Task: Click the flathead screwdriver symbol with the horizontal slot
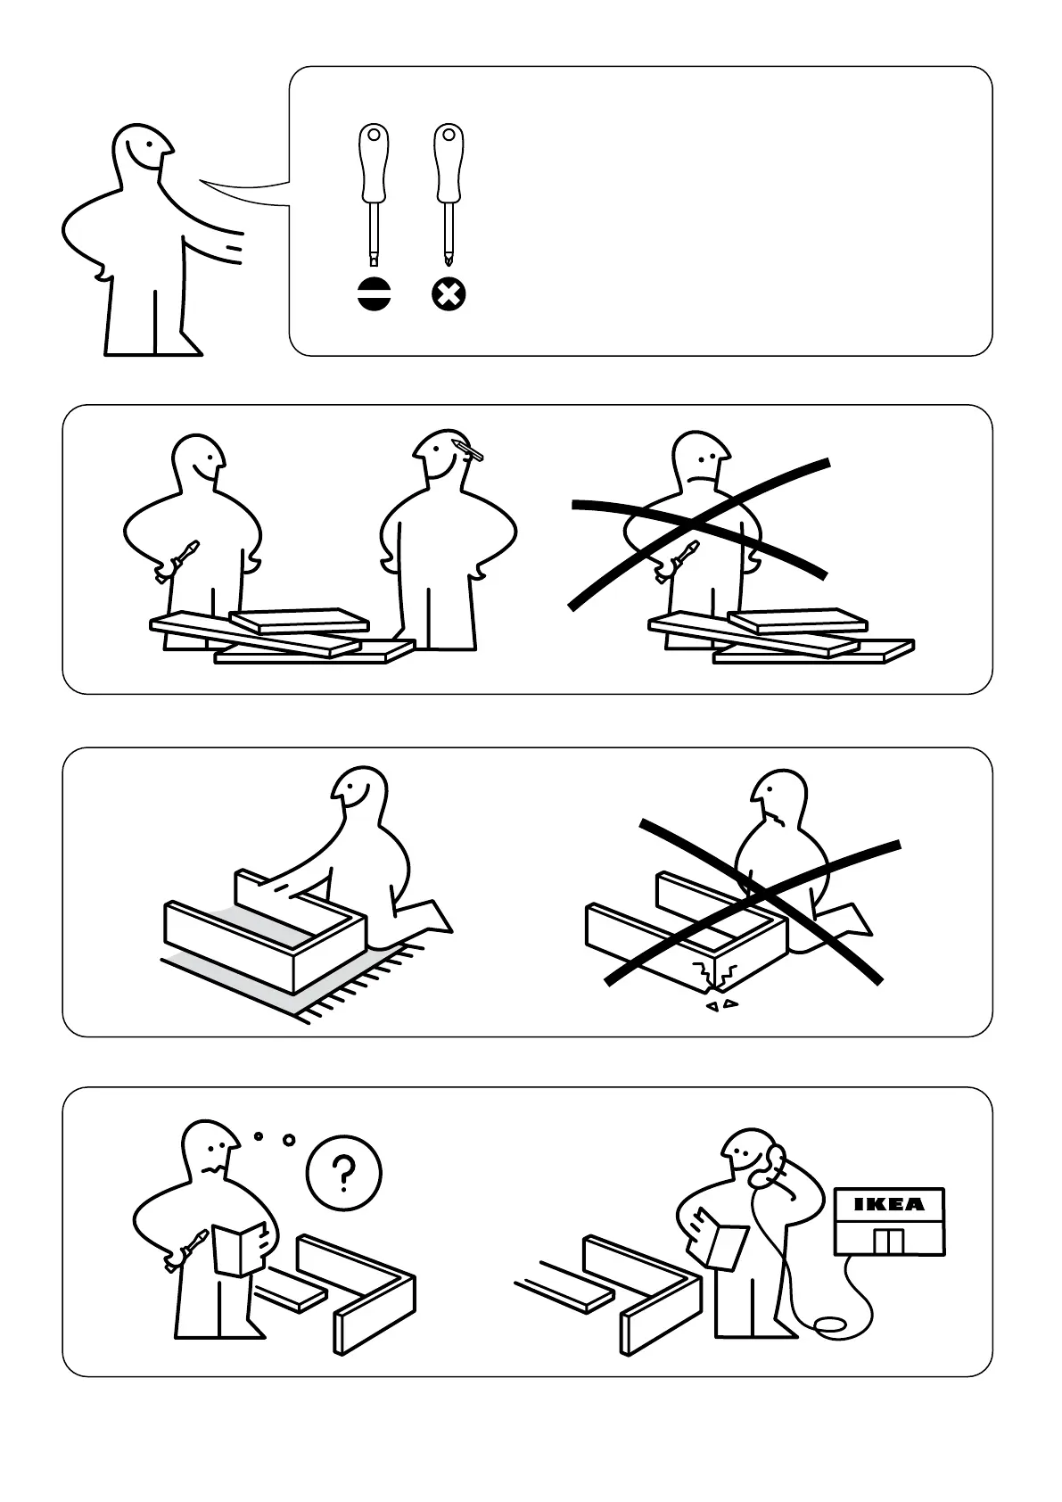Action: point(375,294)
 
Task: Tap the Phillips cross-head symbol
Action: point(449,294)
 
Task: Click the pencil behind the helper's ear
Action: point(469,450)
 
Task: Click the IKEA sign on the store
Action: point(889,1205)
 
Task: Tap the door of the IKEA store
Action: point(889,1242)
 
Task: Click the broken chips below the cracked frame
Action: point(721,1006)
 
